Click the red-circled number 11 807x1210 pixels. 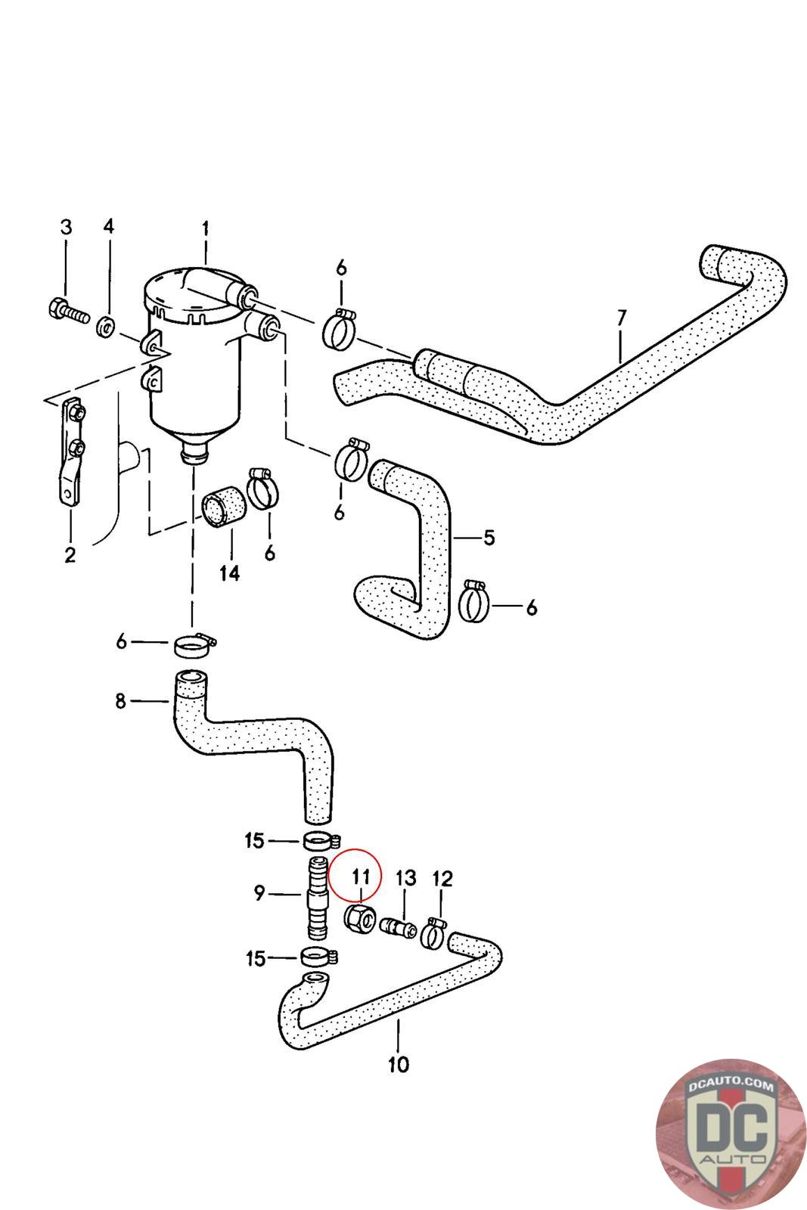tap(360, 876)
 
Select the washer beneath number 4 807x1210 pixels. tap(107, 326)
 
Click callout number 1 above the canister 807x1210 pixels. tap(205, 228)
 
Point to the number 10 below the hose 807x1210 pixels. tap(398, 1065)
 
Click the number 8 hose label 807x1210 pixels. tap(121, 701)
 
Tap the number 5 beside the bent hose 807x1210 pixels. tap(489, 538)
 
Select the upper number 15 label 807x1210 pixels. tap(255, 840)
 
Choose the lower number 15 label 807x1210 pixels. tap(255, 958)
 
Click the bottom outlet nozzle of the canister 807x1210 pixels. tap(194, 455)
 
